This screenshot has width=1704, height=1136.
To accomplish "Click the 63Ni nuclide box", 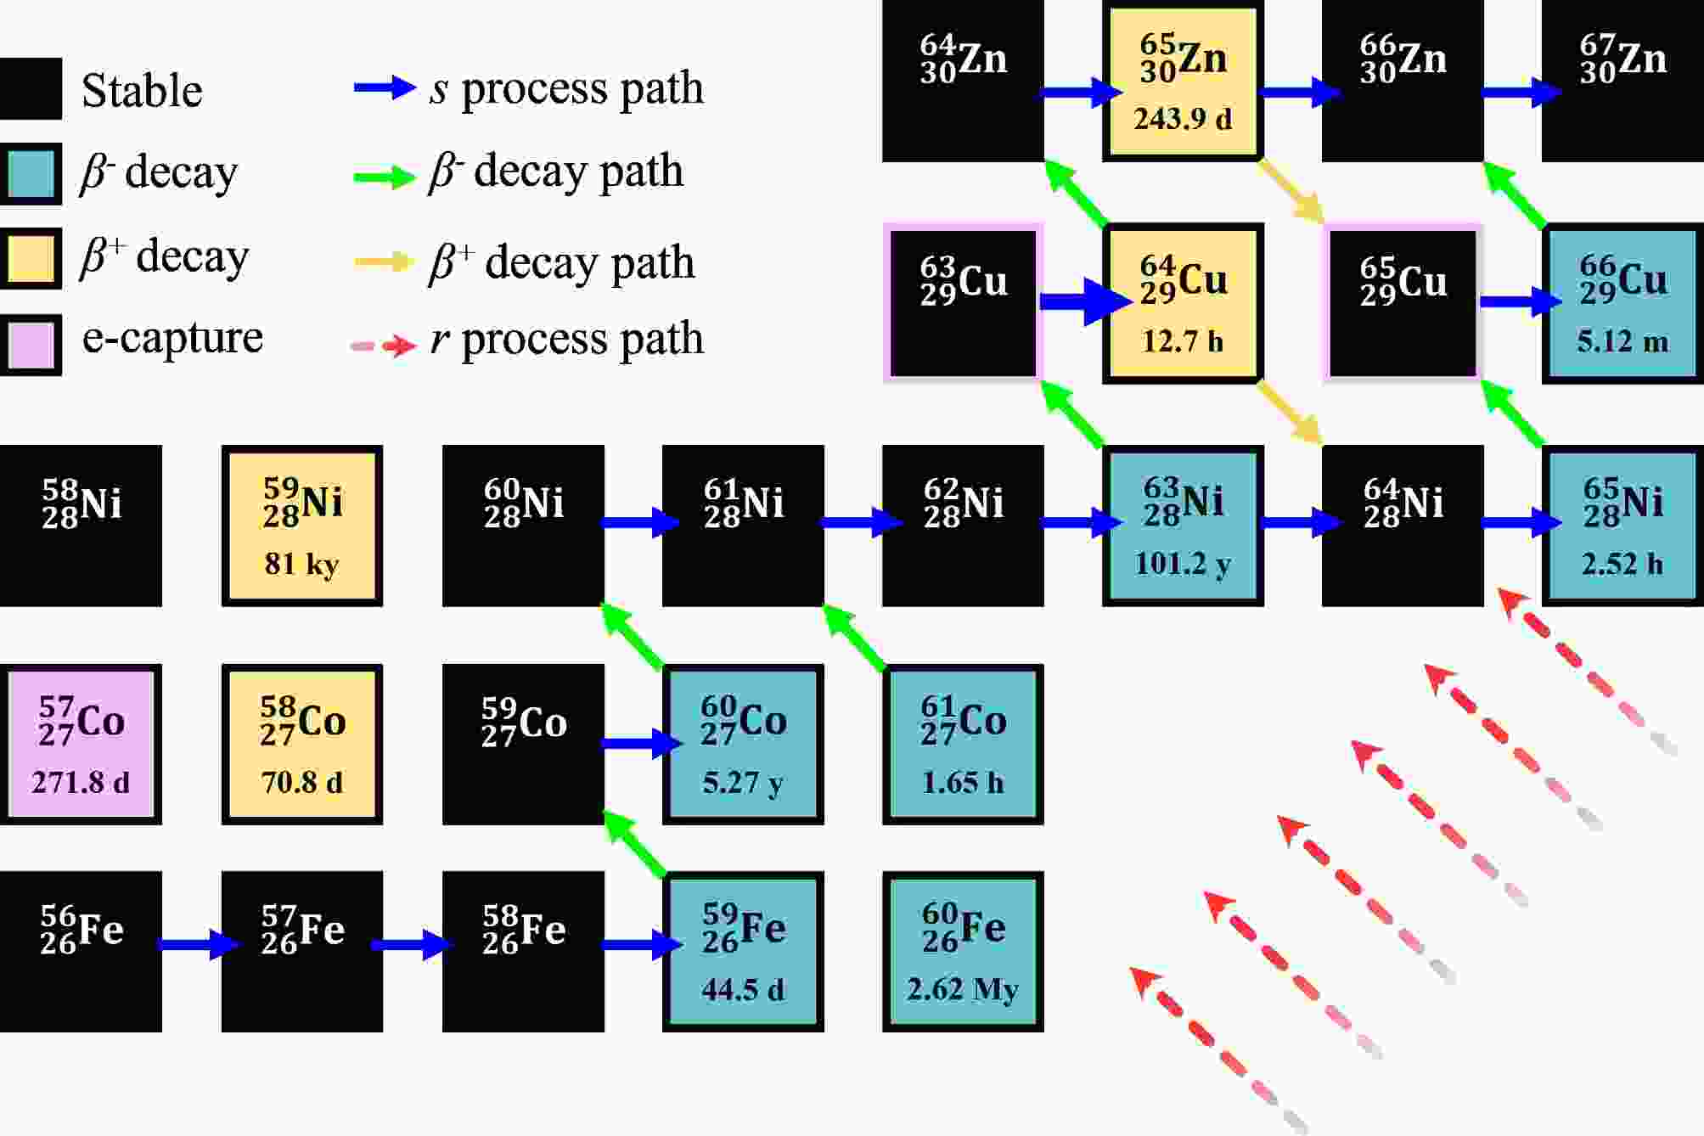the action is coord(1183,526).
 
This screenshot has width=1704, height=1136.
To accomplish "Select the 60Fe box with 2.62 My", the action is coord(963,952).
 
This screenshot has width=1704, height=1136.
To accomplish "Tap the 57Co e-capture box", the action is coord(81,745).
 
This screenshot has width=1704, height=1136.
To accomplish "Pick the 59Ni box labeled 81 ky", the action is coord(302,526).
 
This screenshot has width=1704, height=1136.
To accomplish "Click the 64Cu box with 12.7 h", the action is coord(1183,303).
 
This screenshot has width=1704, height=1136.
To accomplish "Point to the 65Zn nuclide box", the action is coord(1183,81).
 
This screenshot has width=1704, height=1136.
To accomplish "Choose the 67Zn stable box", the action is coord(1622,81).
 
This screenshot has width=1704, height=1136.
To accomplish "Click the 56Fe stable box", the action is coord(81,952).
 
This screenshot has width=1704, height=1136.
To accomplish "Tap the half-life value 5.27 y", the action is coord(743,782).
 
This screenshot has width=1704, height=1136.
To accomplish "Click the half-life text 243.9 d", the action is coord(1183,118).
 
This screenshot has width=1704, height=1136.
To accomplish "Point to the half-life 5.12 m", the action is coord(1622,341).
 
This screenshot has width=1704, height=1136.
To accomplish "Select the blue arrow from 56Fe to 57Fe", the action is coord(200,944).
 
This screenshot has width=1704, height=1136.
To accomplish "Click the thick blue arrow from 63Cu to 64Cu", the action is coord(1085,301).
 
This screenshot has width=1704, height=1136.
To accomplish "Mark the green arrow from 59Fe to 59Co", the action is coord(634,842).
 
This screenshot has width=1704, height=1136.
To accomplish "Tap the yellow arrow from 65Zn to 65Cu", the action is coord(1291,191).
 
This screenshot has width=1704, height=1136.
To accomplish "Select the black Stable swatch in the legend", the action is coord(31,89).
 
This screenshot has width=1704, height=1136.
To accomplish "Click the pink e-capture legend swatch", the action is coord(31,345).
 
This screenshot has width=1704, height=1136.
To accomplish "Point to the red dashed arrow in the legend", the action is coord(384,346).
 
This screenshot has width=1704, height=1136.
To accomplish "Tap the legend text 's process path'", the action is coord(566,88).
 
